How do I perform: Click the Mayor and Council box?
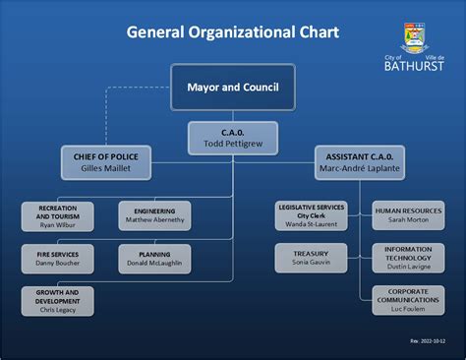(232, 87)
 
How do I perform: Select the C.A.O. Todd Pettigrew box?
(232, 139)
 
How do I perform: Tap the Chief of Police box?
(105, 162)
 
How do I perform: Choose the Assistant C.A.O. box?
(360, 162)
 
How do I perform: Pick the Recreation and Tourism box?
(57, 216)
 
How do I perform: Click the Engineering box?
(154, 215)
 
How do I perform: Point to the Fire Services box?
(57, 259)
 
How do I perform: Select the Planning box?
(154, 259)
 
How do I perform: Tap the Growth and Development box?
(57, 301)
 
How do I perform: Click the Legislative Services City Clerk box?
(311, 216)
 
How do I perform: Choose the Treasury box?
(311, 259)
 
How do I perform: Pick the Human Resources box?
(408, 215)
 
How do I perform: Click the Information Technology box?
(408, 259)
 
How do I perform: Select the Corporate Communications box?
(408, 301)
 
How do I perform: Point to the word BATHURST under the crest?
(414, 70)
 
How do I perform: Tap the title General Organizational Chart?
(232, 32)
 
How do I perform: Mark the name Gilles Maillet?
(105, 169)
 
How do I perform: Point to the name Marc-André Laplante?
(360, 169)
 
